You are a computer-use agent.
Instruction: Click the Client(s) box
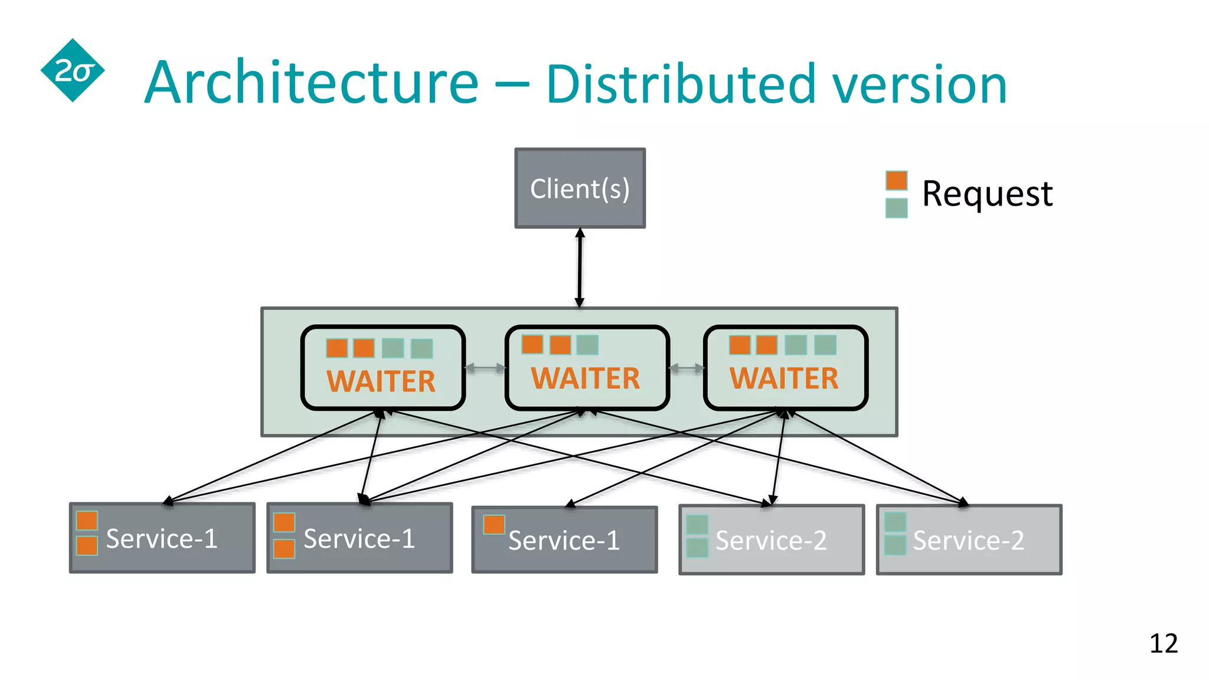pos(580,188)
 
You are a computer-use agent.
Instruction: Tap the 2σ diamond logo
pos(73,71)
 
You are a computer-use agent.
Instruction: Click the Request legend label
pos(987,194)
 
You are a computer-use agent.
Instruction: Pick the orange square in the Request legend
pos(896,181)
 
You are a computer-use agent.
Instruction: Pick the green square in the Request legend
pos(896,208)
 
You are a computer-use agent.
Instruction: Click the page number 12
pos(1163,643)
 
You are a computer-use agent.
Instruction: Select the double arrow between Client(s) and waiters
pos(580,267)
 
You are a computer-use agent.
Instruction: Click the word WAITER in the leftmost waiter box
pos(381,381)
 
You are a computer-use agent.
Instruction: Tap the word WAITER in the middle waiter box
pos(585,378)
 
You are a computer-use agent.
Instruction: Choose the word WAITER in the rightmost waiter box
pos(783,378)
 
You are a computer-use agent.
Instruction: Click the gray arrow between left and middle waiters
pos(485,368)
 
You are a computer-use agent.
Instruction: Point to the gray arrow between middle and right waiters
pos(687,368)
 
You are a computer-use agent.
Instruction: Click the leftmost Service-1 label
pos(162,538)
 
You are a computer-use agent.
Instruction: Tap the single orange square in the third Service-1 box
pos(494,524)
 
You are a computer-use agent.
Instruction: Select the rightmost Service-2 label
pos(968,540)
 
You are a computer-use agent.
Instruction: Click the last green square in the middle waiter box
pos(587,345)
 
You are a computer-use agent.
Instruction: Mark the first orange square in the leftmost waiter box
pos(336,348)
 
